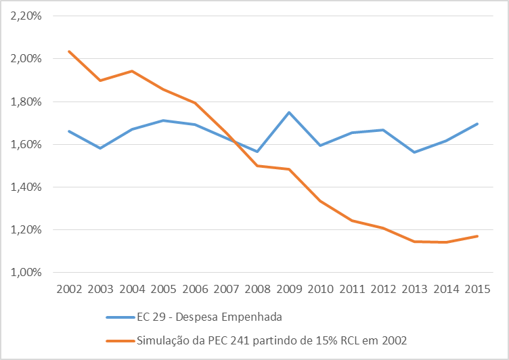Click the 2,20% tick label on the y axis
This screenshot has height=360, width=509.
click(x=26, y=16)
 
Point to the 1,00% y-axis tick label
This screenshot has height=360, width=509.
click(x=26, y=273)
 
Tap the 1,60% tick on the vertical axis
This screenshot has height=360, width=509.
click(x=26, y=144)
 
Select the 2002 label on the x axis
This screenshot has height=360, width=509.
click(x=70, y=289)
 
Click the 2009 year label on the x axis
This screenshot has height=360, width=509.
click(x=289, y=289)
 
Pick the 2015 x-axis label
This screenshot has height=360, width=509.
click(x=477, y=289)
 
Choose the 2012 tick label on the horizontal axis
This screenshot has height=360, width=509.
click(x=383, y=289)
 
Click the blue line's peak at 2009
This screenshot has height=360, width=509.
click(x=289, y=112)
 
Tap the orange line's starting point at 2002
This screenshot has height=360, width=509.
click(x=70, y=51)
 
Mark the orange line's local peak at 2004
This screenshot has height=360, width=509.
click(x=132, y=71)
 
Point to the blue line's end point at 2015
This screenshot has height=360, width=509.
click(x=477, y=124)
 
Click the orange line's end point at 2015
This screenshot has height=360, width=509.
click(x=477, y=236)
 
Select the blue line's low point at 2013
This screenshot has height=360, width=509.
click(x=414, y=152)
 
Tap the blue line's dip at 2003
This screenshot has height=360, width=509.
click(x=101, y=148)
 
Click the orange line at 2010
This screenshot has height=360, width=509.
click(x=320, y=201)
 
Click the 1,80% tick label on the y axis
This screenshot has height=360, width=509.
click(x=26, y=102)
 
